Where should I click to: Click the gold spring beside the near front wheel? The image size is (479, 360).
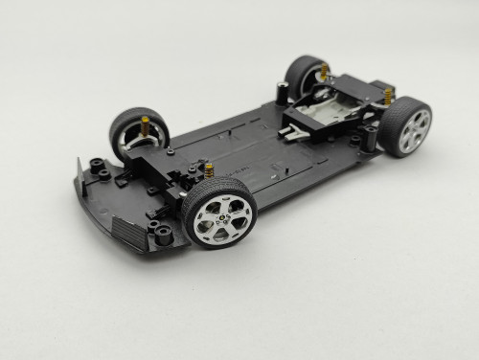208,171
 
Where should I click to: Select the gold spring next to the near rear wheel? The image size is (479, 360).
389,96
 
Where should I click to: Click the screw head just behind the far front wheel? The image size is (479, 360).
170,151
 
